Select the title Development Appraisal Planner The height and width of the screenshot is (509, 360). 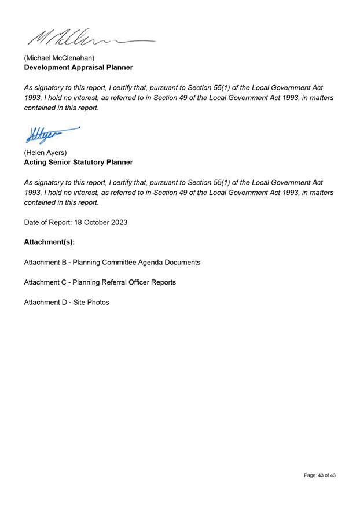tap(78, 67)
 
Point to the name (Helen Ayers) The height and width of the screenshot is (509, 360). tap(45, 153)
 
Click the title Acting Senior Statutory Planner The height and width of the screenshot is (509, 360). tap(78, 162)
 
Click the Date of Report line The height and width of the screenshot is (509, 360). tap(75, 222)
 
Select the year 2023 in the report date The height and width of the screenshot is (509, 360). tap(118, 222)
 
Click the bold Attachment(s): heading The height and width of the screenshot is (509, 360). tap(49, 242)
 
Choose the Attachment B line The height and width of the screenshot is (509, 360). tap(112, 262)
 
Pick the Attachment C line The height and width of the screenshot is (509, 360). tap(100, 282)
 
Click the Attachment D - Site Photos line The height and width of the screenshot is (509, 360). tap(66, 302)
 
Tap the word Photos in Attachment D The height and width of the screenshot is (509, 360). tap(98, 302)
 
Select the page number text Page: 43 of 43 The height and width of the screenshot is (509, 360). tap(319, 475)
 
